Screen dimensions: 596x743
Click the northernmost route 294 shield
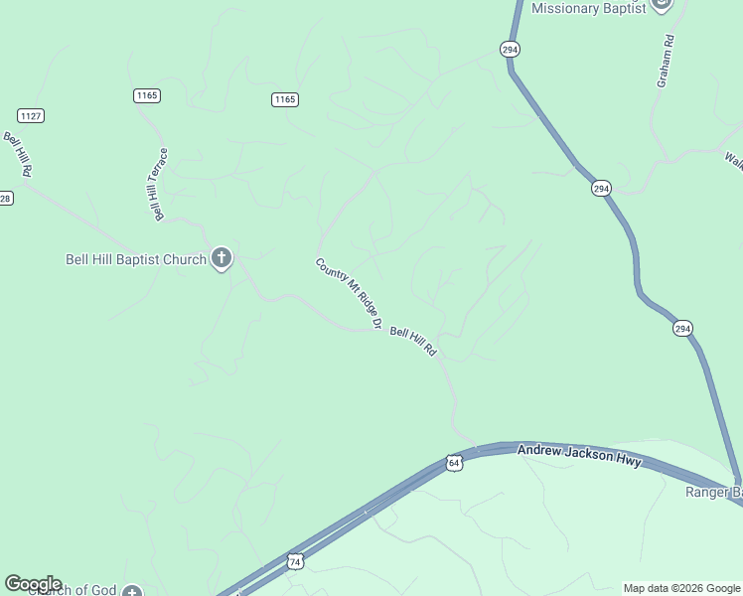[x=510, y=49]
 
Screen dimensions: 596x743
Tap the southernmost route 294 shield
[x=681, y=329]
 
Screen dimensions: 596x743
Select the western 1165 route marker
[x=147, y=95]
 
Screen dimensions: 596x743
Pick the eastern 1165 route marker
[x=285, y=99]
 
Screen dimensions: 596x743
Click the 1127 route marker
[x=31, y=116]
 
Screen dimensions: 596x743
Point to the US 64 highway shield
[x=454, y=463]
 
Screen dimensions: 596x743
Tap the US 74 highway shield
[x=295, y=562]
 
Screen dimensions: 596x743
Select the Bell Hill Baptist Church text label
[x=135, y=260]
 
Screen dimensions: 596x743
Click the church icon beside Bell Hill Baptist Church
[x=222, y=259]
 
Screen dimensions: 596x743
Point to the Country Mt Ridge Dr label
[x=349, y=294]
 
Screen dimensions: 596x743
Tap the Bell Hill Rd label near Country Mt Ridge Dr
[x=413, y=342]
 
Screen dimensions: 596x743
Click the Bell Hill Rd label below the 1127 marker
[x=18, y=155]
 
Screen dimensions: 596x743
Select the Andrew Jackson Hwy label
[x=580, y=457]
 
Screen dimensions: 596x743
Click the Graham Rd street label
[x=666, y=62]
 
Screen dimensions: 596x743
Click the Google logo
[x=33, y=583]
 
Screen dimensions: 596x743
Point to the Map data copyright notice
[x=682, y=588]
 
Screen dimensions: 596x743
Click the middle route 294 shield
[x=601, y=188]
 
